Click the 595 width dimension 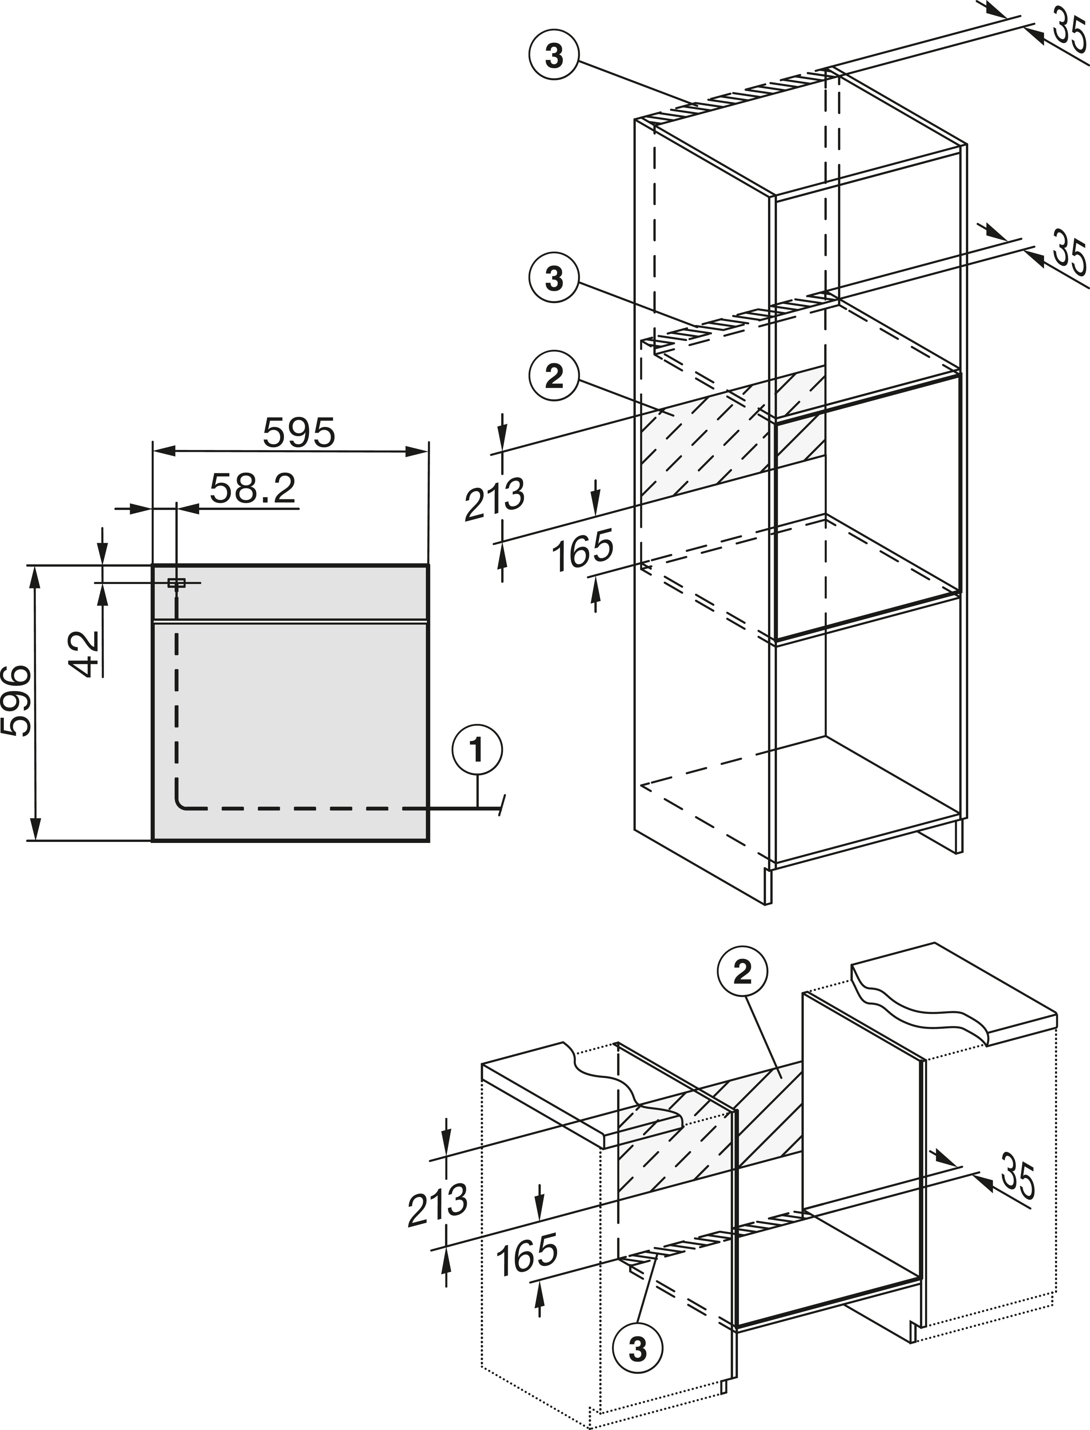(299, 433)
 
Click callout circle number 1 (477, 751)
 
